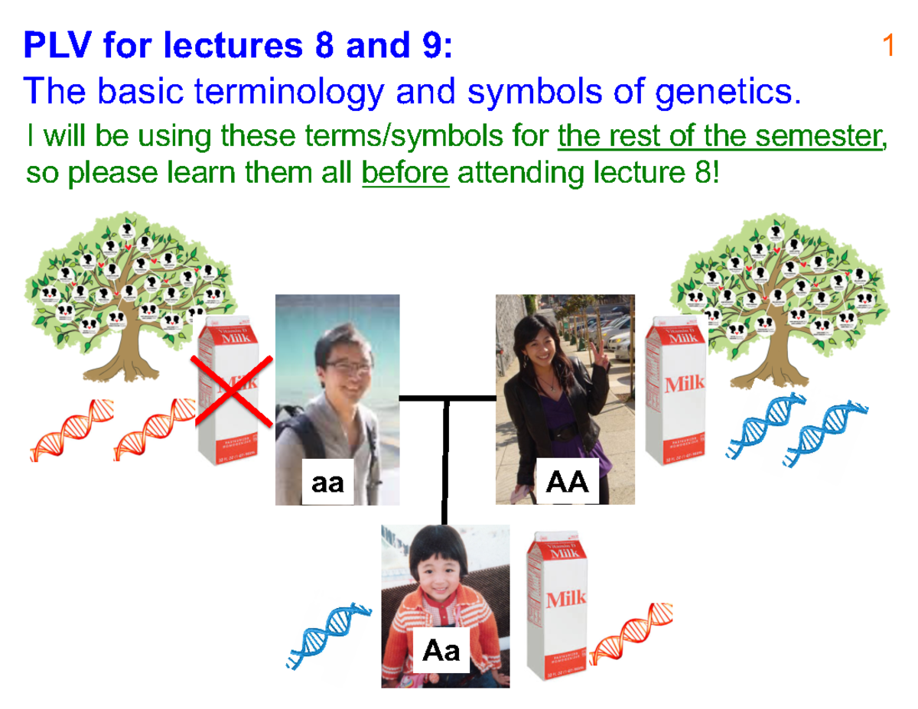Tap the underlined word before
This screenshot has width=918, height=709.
coord(405,174)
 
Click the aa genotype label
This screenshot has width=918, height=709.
coord(327,483)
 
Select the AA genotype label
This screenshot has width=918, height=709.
coord(566,483)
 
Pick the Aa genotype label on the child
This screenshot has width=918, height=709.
coord(441,650)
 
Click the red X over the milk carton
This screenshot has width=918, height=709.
coord(233,391)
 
